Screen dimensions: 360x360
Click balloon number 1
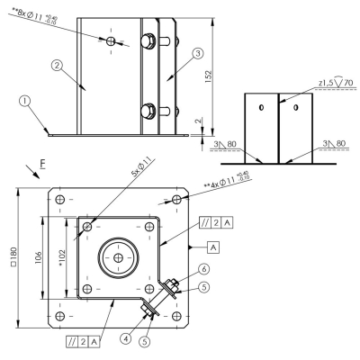[x=25, y=101]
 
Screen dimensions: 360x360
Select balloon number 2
[x=57, y=65]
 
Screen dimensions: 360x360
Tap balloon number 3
[x=198, y=54]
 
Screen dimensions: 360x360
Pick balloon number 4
[x=126, y=338]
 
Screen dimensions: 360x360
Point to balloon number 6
[x=204, y=269]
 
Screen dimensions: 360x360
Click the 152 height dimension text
[x=209, y=76]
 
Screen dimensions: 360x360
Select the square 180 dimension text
[x=13, y=256]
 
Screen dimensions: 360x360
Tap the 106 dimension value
[x=39, y=258]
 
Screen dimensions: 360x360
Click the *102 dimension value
[x=62, y=258]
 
